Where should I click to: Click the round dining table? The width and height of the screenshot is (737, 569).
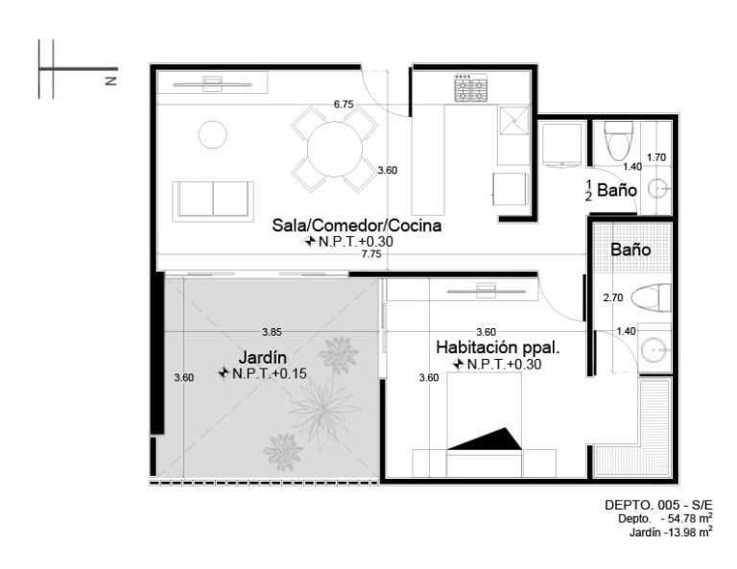tap(335, 150)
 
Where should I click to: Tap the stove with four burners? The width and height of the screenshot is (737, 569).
tap(470, 88)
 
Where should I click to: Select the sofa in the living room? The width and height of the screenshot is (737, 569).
tap(213, 202)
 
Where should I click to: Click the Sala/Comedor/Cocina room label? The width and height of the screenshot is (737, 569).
tap(357, 225)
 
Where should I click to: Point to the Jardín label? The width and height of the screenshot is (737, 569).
tap(262, 357)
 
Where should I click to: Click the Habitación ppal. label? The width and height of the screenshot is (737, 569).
tap(498, 347)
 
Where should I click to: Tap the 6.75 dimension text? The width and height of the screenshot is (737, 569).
tap(344, 105)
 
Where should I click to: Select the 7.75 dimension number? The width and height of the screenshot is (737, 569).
tap(371, 254)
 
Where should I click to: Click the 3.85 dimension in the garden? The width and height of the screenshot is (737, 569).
tap(272, 332)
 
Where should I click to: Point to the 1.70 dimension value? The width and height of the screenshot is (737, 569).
tap(656, 157)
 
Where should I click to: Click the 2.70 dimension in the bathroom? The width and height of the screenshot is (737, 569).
tap(613, 297)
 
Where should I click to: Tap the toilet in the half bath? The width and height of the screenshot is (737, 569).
tap(618, 140)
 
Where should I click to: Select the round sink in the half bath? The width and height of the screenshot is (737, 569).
tap(657, 189)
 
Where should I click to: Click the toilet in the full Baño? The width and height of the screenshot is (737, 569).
tap(651, 297)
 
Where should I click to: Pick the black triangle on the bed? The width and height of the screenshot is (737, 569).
tap(485, 439)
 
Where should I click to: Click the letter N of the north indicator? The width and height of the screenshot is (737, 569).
tap(111, 81)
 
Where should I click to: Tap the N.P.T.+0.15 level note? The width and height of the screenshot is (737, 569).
tap(270, 373)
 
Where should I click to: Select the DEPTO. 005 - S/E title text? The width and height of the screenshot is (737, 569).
tap(658, 505)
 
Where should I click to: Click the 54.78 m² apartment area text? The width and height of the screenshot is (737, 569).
tap(685, 518)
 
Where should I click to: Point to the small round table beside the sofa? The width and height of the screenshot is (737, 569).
tap(213, 135)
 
